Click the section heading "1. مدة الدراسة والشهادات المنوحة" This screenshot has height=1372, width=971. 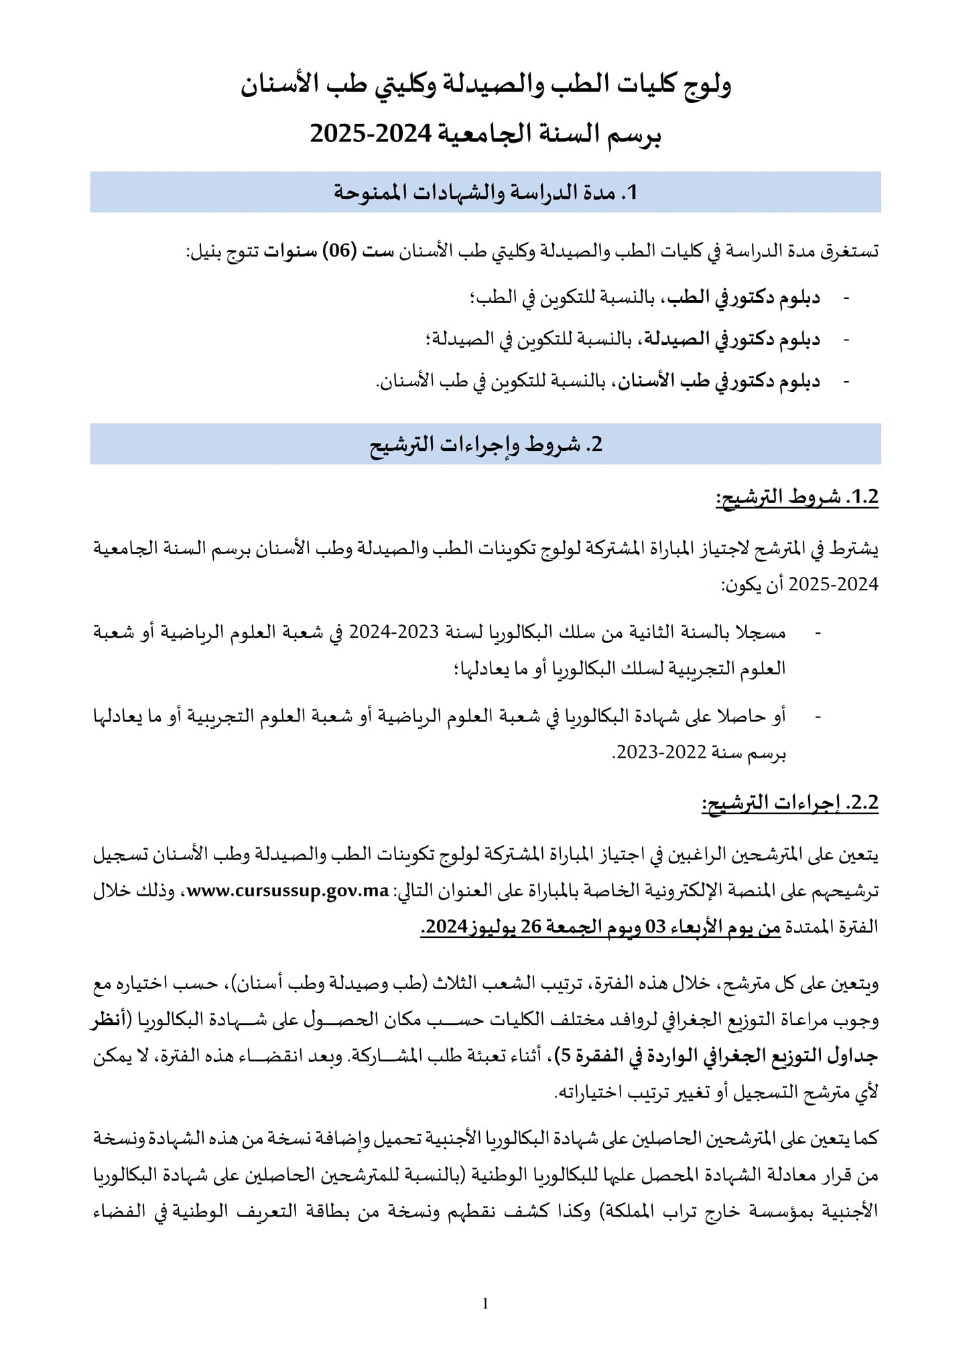485,192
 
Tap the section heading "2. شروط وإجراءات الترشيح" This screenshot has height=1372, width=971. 485,444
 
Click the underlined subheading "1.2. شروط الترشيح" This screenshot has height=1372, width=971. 797,497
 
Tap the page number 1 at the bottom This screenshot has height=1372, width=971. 485,1304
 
